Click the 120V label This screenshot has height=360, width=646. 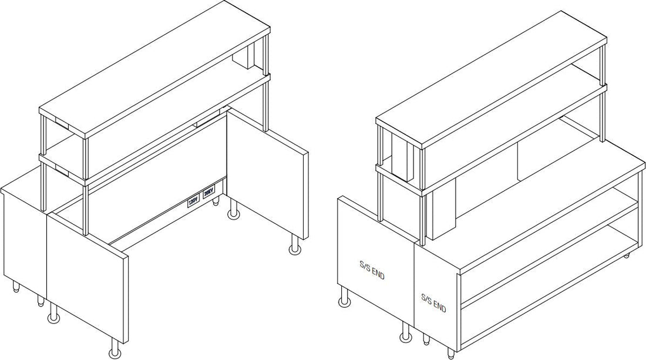coord(193,201)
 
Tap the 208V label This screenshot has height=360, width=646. coord(208,191)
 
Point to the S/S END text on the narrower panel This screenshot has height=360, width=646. coord(433,304)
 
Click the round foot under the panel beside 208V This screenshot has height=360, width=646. coord(294,249)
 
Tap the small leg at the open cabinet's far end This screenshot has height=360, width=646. coord(628,255)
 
